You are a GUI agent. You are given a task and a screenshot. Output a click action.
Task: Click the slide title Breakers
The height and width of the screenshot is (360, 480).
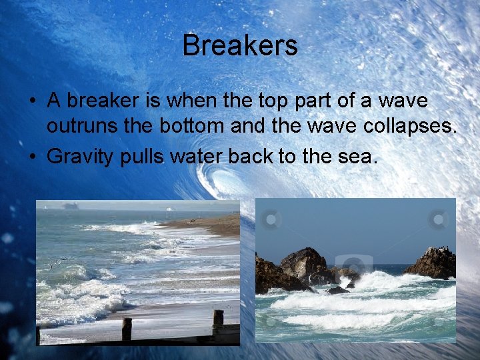pyautogui.click(x=240, y=46)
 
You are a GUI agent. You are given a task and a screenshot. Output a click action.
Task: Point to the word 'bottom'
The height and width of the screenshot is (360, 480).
pyautogui.click(x=195, y=127)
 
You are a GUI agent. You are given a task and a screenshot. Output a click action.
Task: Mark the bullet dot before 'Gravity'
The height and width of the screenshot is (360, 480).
pyautogui.click(x=32, y=158)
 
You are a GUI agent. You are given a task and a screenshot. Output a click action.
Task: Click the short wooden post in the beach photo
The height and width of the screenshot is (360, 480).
pyautogui.click(x=127, y=328)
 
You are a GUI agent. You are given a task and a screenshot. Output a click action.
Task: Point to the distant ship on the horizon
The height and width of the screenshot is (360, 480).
pyautogui.click(x=71, y=206)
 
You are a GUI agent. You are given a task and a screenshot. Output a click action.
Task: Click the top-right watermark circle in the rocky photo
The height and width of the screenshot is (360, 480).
pyautogui.click(x=438, y=219)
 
